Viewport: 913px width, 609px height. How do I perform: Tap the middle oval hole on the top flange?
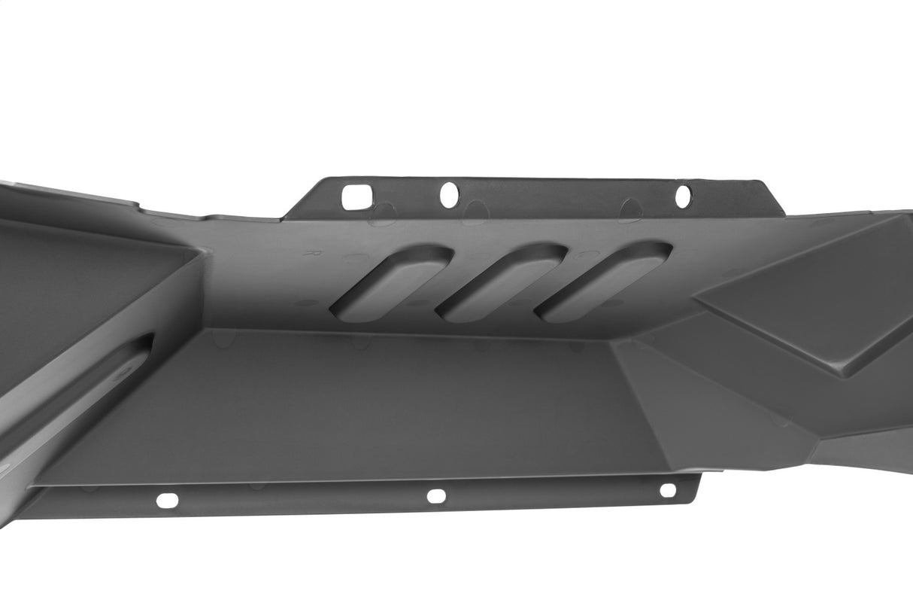[x=449, y=195]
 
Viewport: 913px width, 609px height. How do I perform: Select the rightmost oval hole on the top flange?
[x=683, y=196]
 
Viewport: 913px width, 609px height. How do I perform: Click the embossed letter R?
[x=308, y=254]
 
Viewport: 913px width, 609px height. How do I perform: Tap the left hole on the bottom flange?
[x=167, y=500]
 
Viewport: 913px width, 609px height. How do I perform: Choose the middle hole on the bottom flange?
[x=436, y=496]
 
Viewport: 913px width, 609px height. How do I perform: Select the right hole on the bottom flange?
[x=668, y=490]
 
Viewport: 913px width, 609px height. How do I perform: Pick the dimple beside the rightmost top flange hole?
[x=632, y=210]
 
